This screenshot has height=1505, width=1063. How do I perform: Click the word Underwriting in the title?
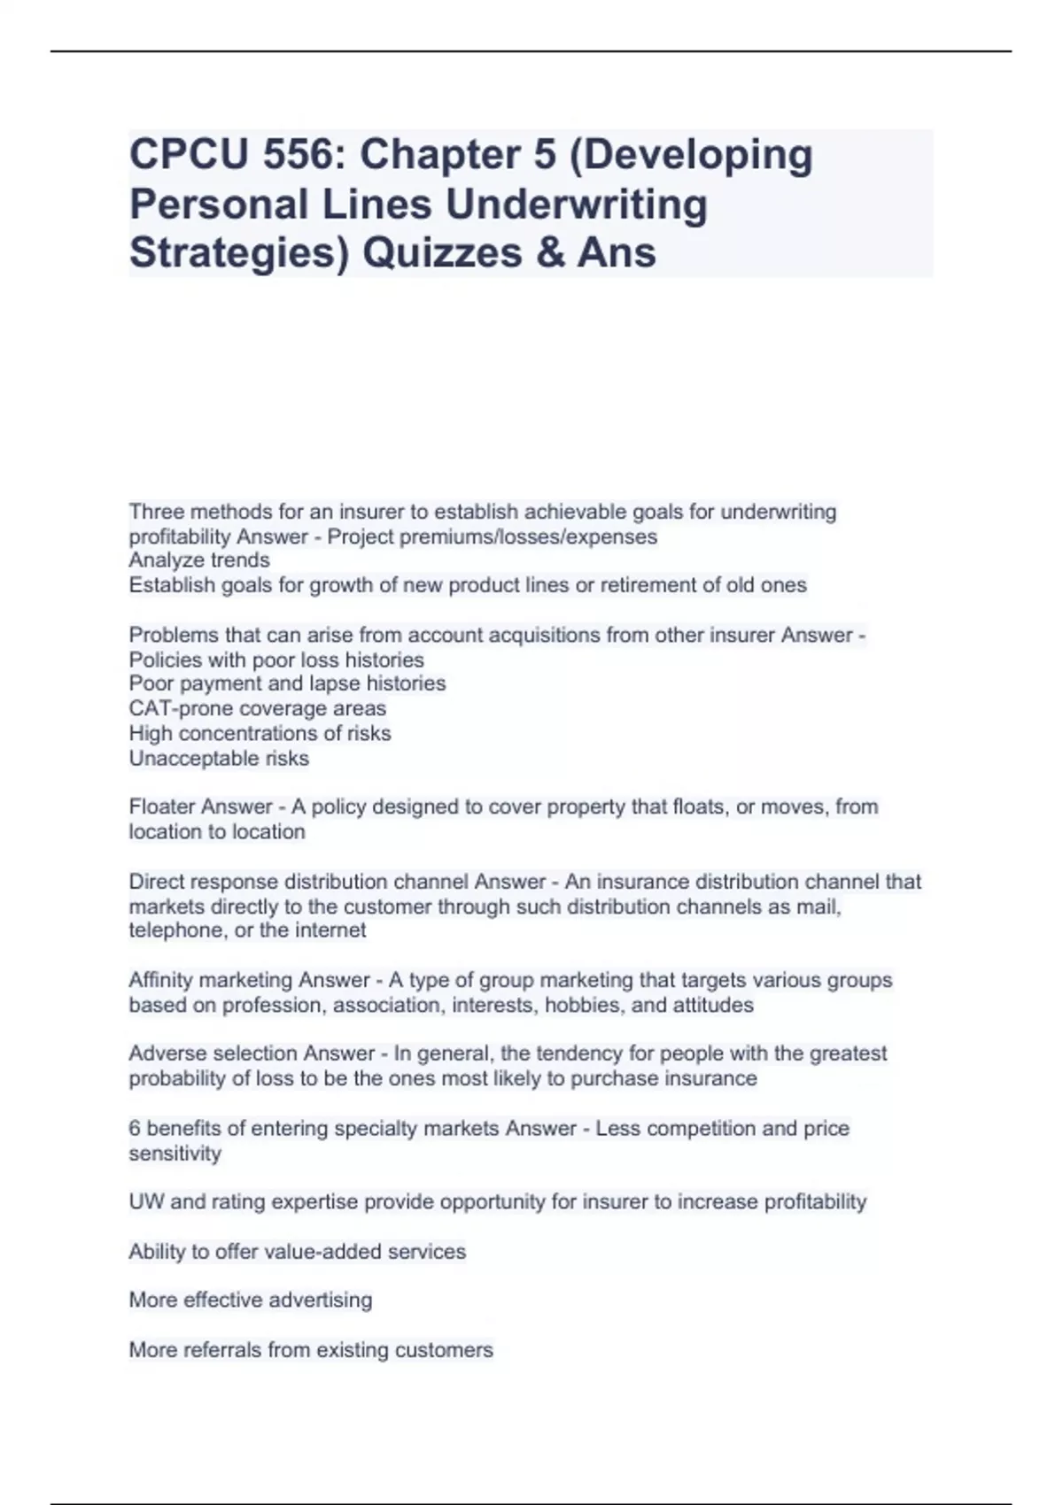coord(576,205)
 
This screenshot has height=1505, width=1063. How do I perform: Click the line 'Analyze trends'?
coord(199,560)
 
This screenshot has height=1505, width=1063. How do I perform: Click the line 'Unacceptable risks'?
coord(219,758)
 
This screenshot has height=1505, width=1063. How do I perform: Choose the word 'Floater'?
coord(164,807)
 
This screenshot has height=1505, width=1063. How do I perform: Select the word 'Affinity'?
coord(160,980)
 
